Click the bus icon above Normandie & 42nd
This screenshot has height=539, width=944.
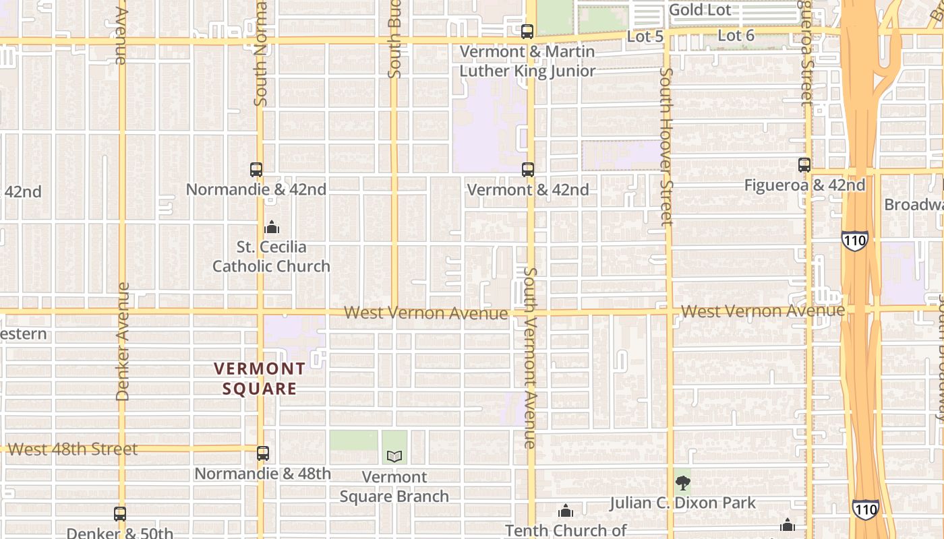(x=256, y=170)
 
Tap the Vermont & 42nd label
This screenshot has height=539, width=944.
(x=528, y=190)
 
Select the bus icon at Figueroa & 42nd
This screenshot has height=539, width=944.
(x=804, y=164)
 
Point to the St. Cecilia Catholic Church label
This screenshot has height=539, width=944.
(x=271, y=257)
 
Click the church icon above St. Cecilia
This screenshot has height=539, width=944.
(x=272, y=227)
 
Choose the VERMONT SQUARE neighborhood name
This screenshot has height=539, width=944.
(x=260, y=379)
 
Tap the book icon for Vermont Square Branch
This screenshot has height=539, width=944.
(x=394, y=456)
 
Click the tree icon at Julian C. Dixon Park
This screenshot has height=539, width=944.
(x=683, y=482)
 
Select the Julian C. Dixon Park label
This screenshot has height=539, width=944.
(x=683, y=503)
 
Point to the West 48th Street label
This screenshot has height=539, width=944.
(x=73, y=449)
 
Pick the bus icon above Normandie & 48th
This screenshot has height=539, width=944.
(x=263, y=453)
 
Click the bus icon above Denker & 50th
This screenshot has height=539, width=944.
(x=120, y=514)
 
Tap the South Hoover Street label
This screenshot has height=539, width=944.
(x=666, y=146)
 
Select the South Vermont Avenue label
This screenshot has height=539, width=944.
(x=530, y=357)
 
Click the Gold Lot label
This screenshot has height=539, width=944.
(x=700, y=10)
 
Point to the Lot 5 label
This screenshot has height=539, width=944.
(x=645, y=36)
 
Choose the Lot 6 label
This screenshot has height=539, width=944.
(x=736, y=36)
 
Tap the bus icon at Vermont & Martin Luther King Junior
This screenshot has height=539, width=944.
(x=527, y=31)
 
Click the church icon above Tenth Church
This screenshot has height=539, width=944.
(x=566, y=511)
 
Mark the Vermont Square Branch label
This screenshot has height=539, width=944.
(x=394, y=487)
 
